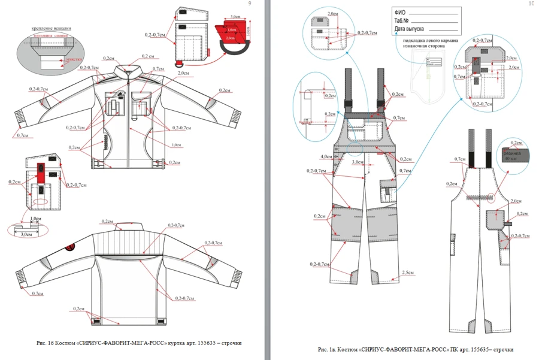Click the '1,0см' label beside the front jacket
pyautogui.click(x=175, y=145)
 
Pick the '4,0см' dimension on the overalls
pyautogui.click(x=326, y=157)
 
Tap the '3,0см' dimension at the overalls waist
pyautogui.click(x=358, y=162)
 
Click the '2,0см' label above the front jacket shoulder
pyautogui.click(x=184, y=73)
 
